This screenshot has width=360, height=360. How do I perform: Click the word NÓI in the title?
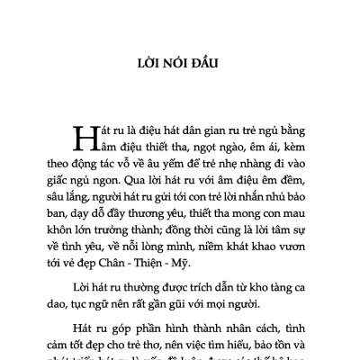170,64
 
